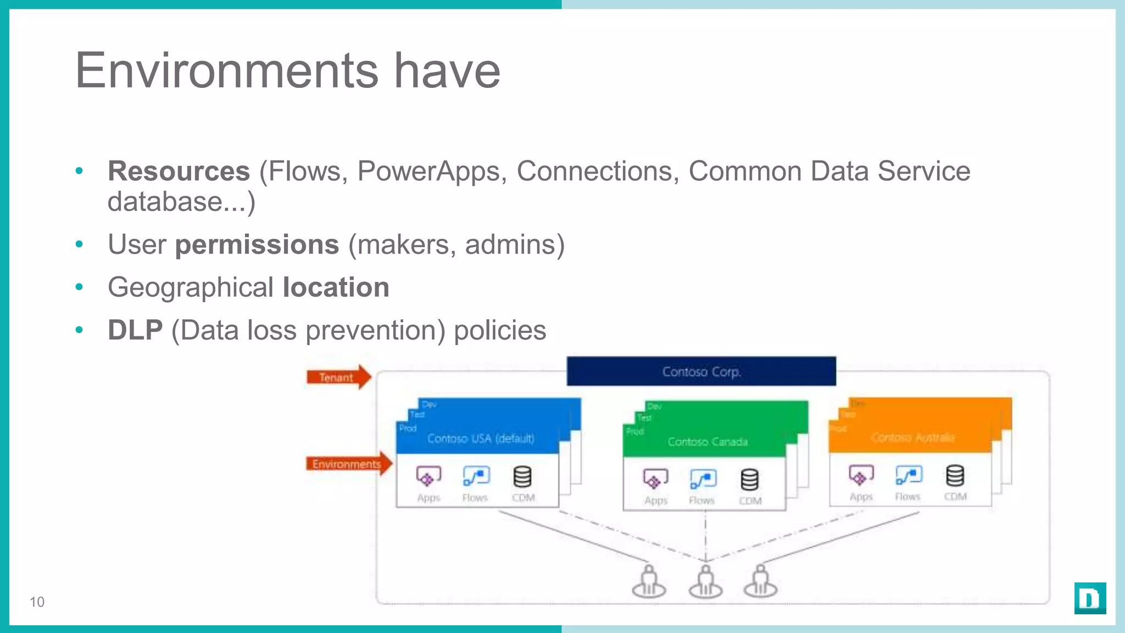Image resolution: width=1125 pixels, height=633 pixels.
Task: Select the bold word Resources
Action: [x=179, y=171]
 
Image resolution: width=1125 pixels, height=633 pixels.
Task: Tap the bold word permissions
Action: [x=257, y=245]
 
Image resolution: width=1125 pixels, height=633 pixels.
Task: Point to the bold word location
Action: [x=336, y=287]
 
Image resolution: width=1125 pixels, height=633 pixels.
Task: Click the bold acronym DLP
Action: [x=135, y=330]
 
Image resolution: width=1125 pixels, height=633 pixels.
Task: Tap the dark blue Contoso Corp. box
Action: [x=701, y=371]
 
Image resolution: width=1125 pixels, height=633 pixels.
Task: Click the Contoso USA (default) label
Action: [x=481, y=438]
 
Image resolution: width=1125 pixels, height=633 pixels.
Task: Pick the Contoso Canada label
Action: [x=708, y=442]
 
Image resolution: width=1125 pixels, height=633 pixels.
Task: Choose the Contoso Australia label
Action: [x=912, y=437]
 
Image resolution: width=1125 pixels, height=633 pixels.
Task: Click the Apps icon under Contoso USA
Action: [x=428, y=476]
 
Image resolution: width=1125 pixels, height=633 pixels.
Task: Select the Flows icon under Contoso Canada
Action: [x=703, y=479]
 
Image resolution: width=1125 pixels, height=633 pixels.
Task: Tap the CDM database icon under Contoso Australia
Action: [x=955, y=476]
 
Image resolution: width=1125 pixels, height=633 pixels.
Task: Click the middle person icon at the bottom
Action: [x=705, y=582]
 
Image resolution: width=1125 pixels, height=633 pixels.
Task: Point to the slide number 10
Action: [x=37, y=602]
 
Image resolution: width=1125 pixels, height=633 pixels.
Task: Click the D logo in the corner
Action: [x=1090, y=598]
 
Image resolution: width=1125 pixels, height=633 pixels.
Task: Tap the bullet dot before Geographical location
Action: [x=79, y=287]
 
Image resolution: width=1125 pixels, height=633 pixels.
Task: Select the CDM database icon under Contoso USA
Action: [x=522, y=477]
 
